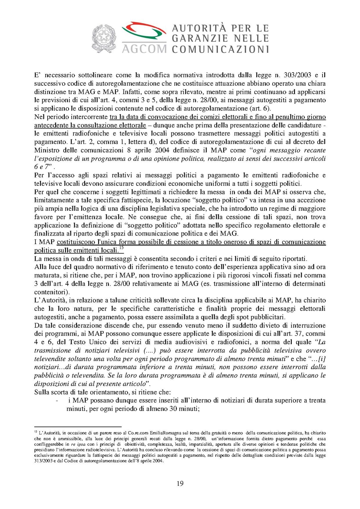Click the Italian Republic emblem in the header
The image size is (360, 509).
[104, 39]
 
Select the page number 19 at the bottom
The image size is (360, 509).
[180, 483]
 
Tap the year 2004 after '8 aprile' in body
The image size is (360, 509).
[162, 150]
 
